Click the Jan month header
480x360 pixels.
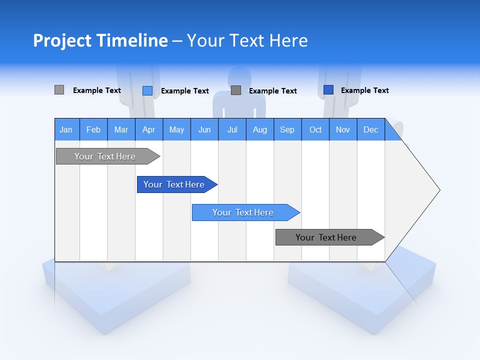pyautogui.click(x=66, y=129)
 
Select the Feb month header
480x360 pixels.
pyautogui.click(x=93, y=129)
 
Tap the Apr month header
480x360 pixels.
pyautogui.click(x=148, y=129)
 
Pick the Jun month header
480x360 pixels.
pyautogui.click(x=204, y=129)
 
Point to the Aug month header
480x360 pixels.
pyautogui.click(x=259, y=129)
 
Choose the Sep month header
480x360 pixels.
pyautogui.click(x=287, y=129)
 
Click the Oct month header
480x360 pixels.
pyautogui.click(x=315, y=129)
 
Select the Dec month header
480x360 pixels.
pyautogui.click(x=370, y=129)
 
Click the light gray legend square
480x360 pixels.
pyautogui.click(x=59, y=90)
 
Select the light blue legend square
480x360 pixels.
pyautogui.click(x=147, y=90)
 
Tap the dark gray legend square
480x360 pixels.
pyautogui.click(x=236, y=90)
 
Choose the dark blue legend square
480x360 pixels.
pyautogui.click(x=328, y=89)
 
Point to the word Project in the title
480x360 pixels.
pyautogui.click(x=62, y=40)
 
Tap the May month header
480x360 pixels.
pyautogui.click(x=176, y=129)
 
